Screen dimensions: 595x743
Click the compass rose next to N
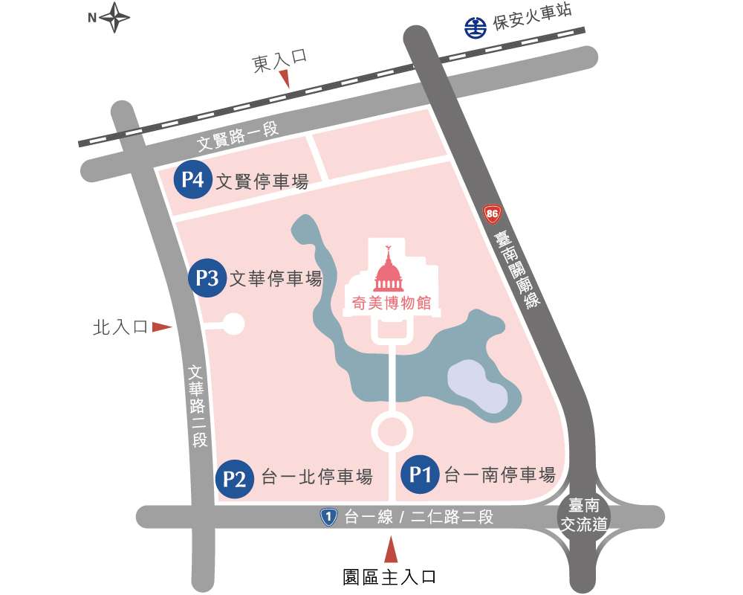click(115, 19)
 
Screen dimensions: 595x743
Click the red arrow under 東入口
click(283, 80)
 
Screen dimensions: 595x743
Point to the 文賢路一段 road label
click(238, 133)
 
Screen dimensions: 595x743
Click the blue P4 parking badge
click(192, 180)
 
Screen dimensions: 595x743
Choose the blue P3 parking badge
click(207, 279)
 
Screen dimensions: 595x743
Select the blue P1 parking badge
click(421, 474)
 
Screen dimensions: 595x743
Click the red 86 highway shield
click(491, 214)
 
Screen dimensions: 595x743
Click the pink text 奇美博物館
click(392, 303)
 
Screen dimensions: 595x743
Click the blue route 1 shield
click(328, 516)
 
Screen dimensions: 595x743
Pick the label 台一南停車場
click(499, 475)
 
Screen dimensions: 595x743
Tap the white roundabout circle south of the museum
click(392, 432)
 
